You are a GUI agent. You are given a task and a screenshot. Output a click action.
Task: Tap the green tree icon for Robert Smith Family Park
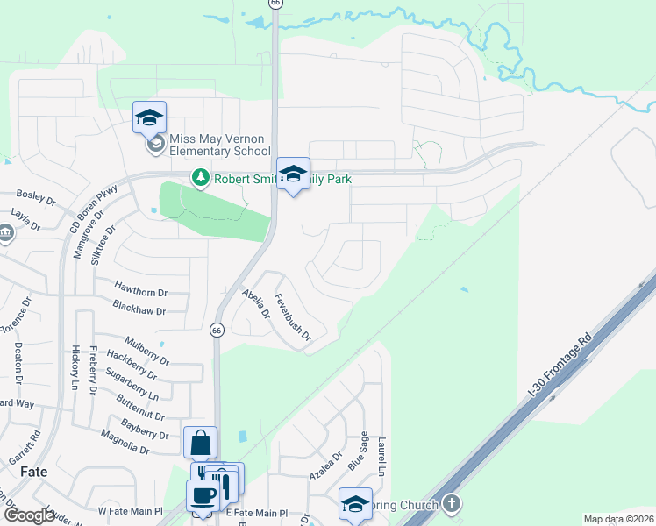(x=201, y=178)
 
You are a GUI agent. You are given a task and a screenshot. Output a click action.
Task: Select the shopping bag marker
(x=201, y=443)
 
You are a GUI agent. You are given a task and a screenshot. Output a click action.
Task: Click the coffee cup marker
(x=205, y=496)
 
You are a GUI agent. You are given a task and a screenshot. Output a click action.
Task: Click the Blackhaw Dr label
(x=139, y=306)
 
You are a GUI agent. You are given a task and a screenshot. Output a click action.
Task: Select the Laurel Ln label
(x=382, y=457)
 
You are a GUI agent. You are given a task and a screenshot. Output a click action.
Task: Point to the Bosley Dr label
(x=36, y=197)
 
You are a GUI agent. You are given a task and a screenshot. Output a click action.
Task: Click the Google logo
(x=29, y=516)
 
